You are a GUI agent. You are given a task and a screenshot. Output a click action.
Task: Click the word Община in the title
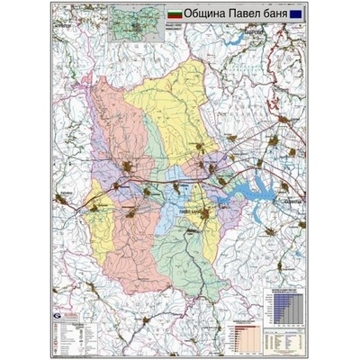[x=209, y=16]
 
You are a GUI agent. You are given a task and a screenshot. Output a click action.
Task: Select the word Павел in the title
[x=247, y=16]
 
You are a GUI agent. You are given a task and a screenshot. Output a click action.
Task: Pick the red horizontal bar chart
[x=241, y=333]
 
